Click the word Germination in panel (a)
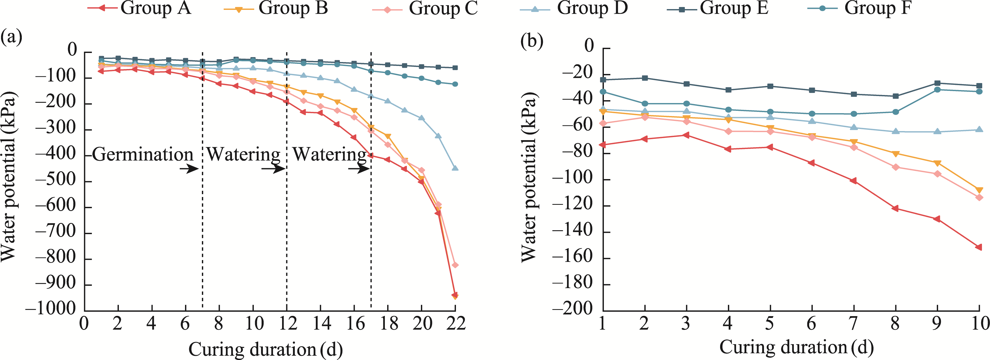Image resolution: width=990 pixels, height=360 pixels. click(x=142, y=154)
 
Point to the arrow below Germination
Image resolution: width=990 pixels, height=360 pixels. click(x=189, y=168)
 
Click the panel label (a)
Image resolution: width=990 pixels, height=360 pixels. click(x=11, y=38)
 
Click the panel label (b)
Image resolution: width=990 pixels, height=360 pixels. click(x=531, y=40)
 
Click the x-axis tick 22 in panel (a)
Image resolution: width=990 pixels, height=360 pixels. click(x=455, y=323)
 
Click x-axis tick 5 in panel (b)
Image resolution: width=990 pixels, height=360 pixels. click(x=770, y=323)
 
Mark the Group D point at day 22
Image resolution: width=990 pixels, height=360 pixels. click(x=455, y=168)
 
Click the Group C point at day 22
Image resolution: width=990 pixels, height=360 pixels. click(x=455, y=265)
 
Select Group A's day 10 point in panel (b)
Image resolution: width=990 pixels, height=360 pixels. click(x=979, y=247)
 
